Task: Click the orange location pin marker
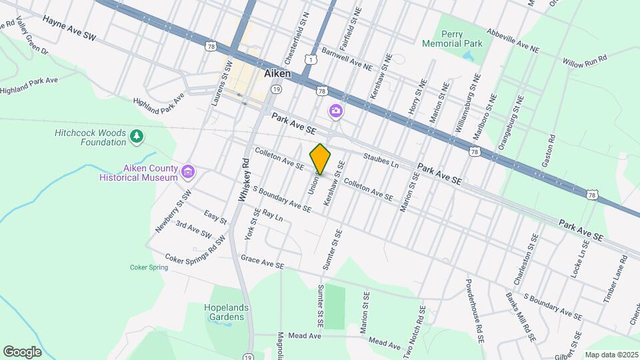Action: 320,159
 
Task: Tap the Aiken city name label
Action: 277,73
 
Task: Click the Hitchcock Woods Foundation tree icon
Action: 137,136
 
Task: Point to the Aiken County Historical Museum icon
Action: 189,173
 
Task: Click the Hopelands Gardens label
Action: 227,312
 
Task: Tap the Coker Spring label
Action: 149,267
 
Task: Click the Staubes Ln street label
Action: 381,160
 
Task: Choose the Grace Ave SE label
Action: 263,261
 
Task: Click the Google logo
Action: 22,351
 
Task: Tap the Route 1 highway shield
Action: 311,60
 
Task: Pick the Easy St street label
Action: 216,217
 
